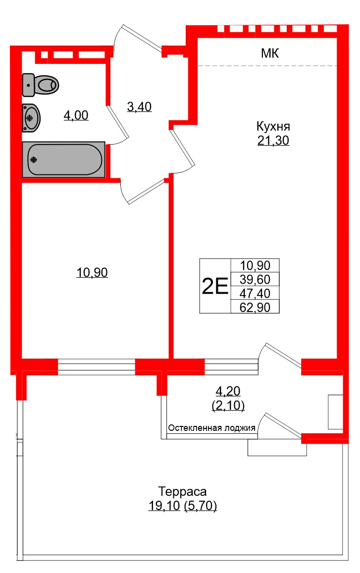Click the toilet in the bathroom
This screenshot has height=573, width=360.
click(42, 85)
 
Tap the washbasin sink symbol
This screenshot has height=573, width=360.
click(31, 118)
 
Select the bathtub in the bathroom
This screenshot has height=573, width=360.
click(64, 159)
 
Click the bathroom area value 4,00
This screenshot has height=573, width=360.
click(76, 116)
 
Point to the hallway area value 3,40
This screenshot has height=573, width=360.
click(139, 106)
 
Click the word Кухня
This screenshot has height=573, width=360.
click(273, 125)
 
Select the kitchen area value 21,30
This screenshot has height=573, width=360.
click(273, 141)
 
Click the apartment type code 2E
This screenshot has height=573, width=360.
click(215, 286)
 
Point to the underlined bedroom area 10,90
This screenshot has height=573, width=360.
click(92, 272)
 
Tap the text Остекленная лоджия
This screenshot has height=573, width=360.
click(211, 428)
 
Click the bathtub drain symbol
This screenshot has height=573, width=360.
click(34, 159)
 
